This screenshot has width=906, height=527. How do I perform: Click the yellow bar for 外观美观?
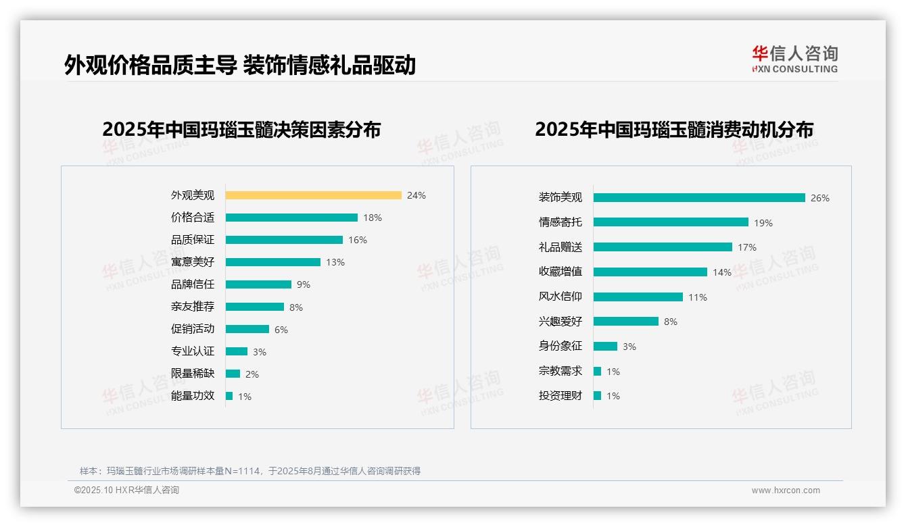(x=313, y=195)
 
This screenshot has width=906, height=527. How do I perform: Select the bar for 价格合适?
(x=291, y=218)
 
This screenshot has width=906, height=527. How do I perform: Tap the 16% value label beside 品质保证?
(x=358, y=240)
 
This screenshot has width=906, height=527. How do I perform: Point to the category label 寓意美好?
(x=192, y=262)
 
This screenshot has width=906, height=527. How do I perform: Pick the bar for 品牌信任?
(x=258, y=284)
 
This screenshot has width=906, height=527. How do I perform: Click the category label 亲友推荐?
(x=192, y=307)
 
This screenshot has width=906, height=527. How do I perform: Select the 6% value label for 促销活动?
(x=281, y=330)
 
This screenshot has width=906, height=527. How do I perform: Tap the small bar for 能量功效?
(x=229, y=396)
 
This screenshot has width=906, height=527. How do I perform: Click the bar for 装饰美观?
(x=699, y=198)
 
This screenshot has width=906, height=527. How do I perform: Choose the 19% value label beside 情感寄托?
(x=763, y=223)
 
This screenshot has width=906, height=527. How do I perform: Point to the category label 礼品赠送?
(x=560, y=247)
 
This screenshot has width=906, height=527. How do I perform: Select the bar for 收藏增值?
(x=650, y=272)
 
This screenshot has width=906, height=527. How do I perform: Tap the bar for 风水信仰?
(x=638, y=297)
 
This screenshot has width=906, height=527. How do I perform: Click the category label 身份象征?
(x=560, y=346)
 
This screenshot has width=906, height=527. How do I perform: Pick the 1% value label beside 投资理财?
(x=613, y=396)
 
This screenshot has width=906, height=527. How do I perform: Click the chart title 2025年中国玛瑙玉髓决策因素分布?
(x=241, y=129)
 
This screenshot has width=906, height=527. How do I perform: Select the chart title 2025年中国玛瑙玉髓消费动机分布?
(x=673, y=129)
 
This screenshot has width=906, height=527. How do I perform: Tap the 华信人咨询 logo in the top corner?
(x=794, y=59)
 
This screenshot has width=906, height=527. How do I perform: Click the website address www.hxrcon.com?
(x=786, y=491)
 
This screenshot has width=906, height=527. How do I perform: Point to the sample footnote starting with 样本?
(x=250, y=471)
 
